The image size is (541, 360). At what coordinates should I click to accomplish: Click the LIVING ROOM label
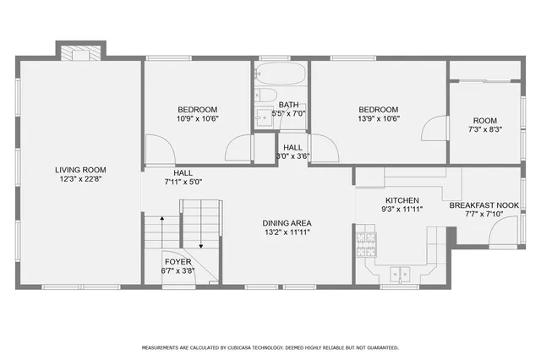82,170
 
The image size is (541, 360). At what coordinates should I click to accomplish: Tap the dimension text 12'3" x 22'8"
82,179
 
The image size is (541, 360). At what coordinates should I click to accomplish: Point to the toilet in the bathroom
263,95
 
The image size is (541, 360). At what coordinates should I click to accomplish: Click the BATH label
288,104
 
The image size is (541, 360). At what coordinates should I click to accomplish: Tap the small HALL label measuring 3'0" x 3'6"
293,147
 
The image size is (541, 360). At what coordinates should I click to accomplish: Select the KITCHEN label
402,199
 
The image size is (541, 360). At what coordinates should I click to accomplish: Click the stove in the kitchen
365,244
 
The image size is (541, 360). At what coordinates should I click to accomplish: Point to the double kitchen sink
398,273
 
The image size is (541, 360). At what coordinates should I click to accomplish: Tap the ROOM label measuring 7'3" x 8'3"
485,121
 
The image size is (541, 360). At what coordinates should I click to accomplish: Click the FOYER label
178,262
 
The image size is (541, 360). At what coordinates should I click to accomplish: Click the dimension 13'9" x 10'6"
378,119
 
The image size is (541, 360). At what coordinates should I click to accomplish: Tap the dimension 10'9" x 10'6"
197,119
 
